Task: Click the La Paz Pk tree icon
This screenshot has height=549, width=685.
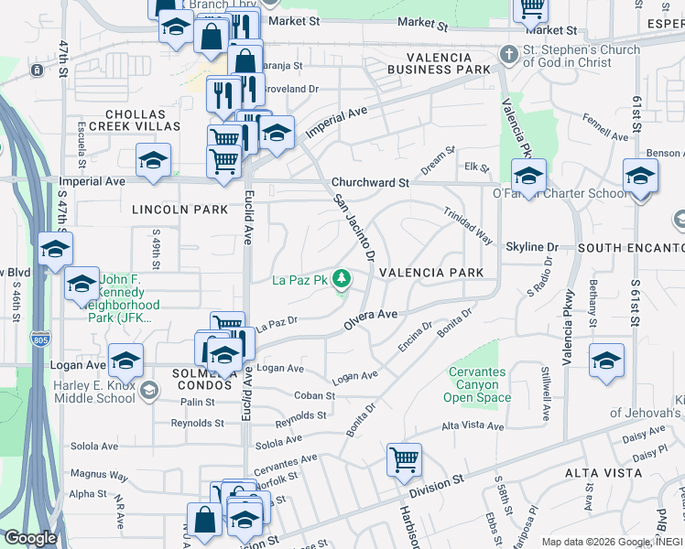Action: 342,276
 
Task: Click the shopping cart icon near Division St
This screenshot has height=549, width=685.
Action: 404,459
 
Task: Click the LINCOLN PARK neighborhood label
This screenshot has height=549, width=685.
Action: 179,210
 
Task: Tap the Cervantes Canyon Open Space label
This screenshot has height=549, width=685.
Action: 477,385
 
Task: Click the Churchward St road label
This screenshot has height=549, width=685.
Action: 370,183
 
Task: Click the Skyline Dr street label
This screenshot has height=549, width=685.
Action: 531,247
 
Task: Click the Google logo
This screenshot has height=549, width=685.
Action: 30,538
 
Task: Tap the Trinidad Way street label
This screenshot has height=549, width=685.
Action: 469,224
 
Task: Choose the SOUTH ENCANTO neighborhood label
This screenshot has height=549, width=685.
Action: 631,248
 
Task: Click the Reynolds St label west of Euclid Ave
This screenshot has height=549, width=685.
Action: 198,423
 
